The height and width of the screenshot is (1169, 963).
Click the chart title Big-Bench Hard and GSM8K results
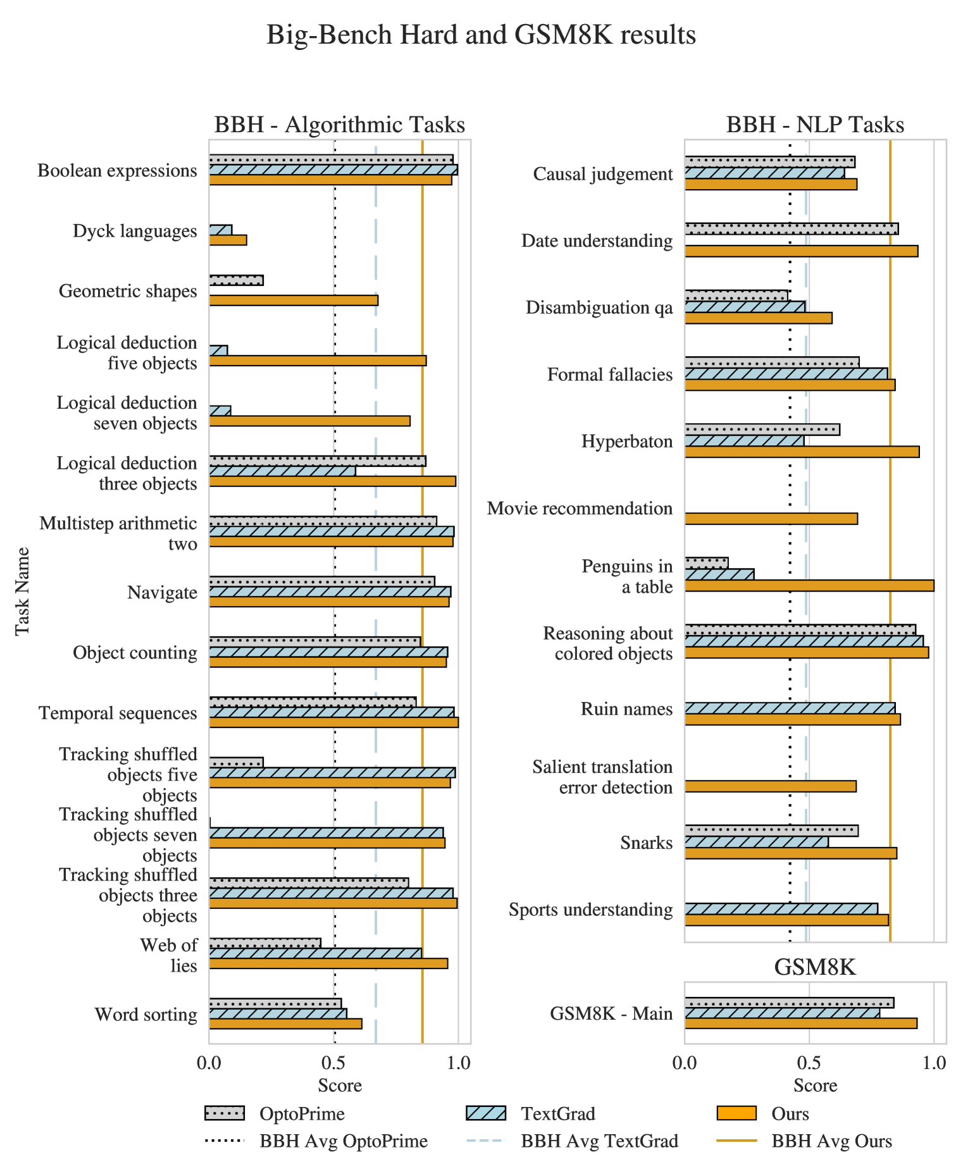tap(481, 35)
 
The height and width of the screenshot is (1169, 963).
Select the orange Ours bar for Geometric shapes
tap(294, 300)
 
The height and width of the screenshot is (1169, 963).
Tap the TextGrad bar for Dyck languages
tap(221, 230)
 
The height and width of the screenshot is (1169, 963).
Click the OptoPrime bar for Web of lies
tap(265, 943)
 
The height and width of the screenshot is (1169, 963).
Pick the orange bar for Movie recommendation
tap(771, 519)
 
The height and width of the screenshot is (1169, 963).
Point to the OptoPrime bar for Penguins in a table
tap(706, 563)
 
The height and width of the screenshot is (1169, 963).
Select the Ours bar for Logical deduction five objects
tap(318, 361)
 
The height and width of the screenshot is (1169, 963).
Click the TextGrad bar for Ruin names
tap(790, 708)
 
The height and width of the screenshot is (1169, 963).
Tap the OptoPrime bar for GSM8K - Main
tap(789, 1003)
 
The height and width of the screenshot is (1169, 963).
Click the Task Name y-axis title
tap(23, 591)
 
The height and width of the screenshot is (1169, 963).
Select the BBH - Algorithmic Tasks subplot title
tap(340, 125)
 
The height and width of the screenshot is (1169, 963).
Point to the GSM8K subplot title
tap(815, 967)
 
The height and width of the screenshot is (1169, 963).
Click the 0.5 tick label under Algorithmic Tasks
tap(334, 1063)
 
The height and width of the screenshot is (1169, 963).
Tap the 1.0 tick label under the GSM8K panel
tap(933, 1063)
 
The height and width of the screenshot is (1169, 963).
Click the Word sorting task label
tap(146, 1015)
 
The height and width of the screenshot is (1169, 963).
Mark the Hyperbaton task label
tap(627, 441)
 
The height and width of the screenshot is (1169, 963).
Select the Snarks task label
tap(646, 843)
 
